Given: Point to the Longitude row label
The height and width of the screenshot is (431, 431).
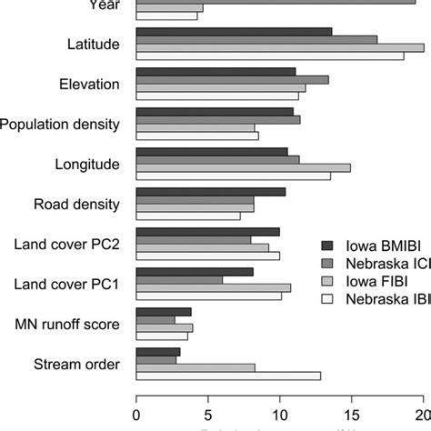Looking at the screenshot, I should (88, 165).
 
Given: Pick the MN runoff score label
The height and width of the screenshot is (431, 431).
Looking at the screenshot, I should (69, 325).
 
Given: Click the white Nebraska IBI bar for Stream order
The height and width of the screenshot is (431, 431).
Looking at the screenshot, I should (228, 376).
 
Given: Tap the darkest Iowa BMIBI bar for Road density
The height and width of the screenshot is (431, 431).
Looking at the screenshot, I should (210, 192).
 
